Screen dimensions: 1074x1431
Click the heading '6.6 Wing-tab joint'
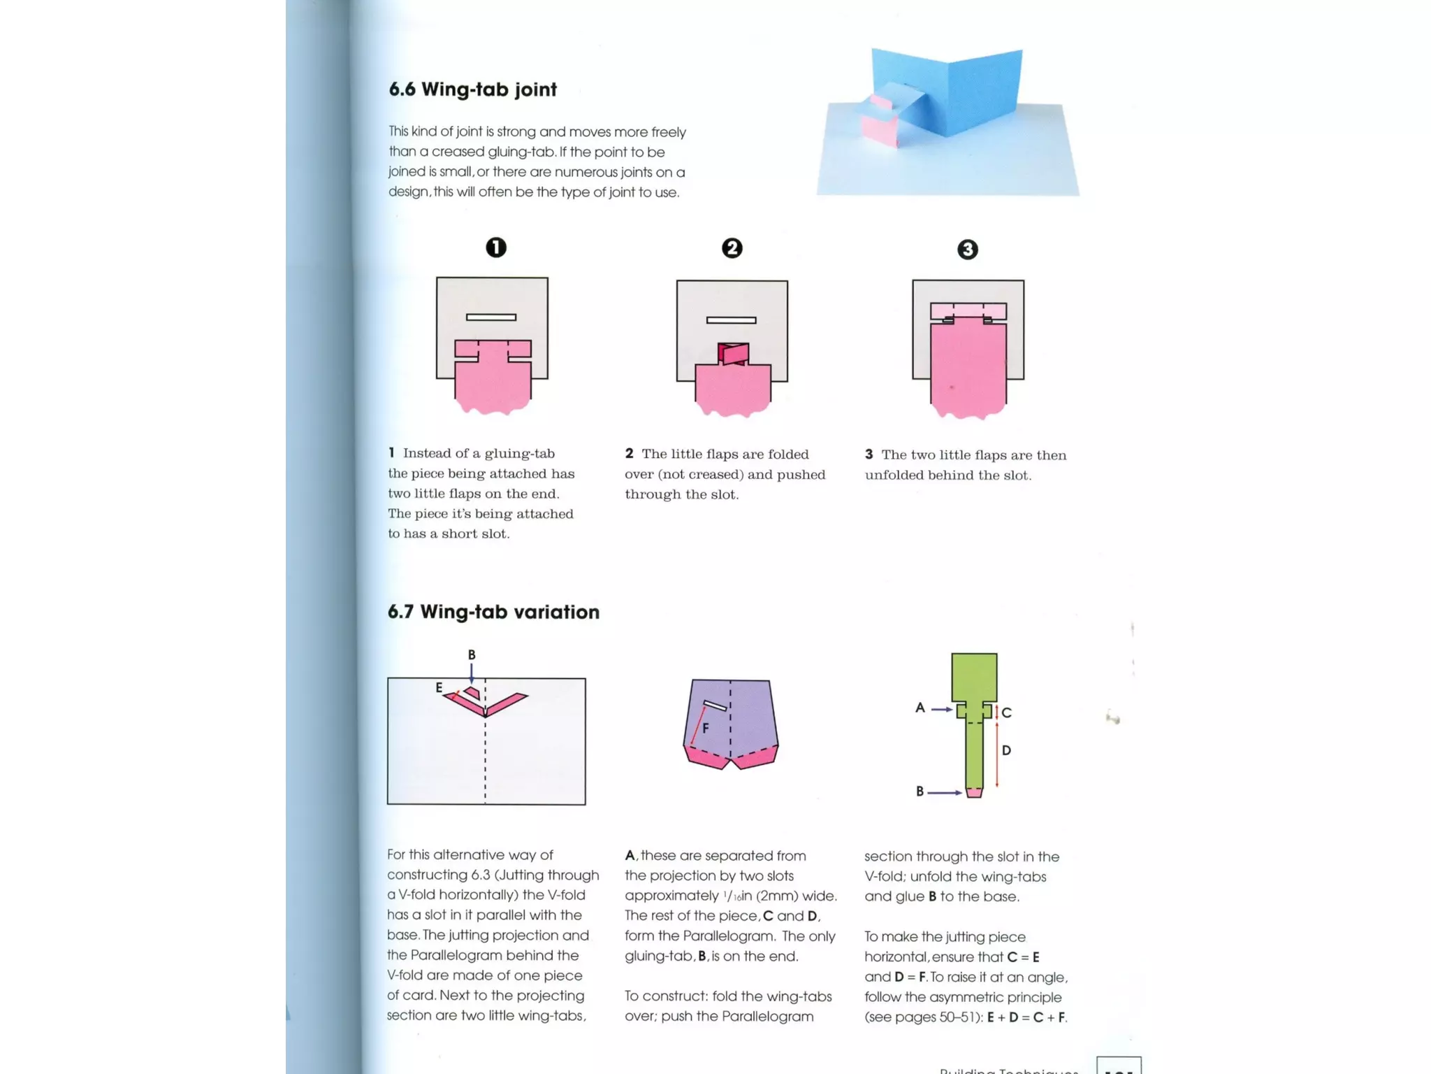(472, 89)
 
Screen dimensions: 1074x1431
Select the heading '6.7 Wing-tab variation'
(493, 612)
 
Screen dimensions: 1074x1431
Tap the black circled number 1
(496, 248)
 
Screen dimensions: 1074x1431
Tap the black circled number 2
(732, 248)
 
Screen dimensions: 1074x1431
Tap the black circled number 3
(967, 250)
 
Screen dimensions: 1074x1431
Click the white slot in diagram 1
(491, 317)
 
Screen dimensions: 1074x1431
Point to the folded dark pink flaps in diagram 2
(733, 353)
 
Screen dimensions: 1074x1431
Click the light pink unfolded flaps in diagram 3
(968, 310)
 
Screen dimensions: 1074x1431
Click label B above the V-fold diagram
(472, 655)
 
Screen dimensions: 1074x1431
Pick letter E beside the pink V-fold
(439, 687)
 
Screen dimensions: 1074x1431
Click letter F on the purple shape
(706, 729)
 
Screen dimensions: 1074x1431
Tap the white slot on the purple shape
(715, 706)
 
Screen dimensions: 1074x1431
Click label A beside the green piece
(920, 708)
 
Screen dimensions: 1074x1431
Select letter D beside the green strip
(1006, 750)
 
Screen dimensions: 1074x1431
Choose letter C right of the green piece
(1006, 713)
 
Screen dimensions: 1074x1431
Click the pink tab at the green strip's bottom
(973, 792)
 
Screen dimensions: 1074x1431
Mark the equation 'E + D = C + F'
(1026, 1017)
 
